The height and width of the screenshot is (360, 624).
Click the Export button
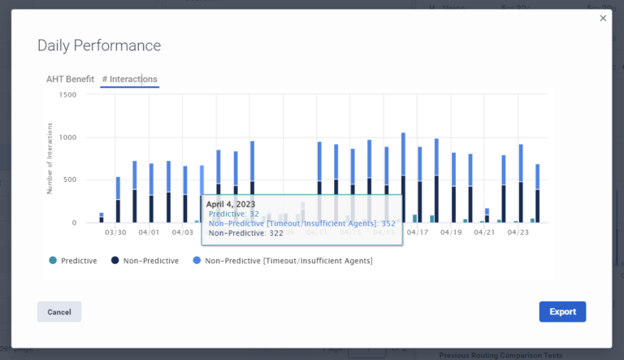pyautogui.click(x=562, y=311)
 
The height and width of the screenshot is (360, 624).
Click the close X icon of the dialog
pyautogui.click(x=603, y=18)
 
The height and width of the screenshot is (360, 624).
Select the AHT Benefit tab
pyautogui.click(x=70, y=79)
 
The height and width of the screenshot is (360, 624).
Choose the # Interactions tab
pyautogui.click(x=129, y=79)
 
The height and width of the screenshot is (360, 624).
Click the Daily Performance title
pyautogui.click(x=99, y=46)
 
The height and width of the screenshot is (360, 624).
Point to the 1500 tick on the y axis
pyautogui.click(x=67, y=95)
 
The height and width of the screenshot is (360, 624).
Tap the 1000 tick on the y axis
pyautogui.click(x=67, y=137)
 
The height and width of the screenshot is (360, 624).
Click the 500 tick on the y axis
pyautogui.click(x=70, y=180)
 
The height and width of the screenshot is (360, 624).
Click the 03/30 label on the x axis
pyautogui.click(x=115, y=232)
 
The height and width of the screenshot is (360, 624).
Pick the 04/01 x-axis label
pyautogui.click(x=149, y=232)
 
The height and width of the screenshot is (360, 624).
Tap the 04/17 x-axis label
pyautogui.click(x=418, y=232)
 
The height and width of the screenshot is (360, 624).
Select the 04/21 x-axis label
pyautogui.click(x=484, y=232)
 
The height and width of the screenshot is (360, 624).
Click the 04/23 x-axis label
pyautogui.click(x=518, y=232)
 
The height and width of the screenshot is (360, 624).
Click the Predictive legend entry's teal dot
pyautogui.click(x=53, y=260)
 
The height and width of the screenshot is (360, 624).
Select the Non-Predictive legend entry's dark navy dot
pyautogui.click(x=116, y=260)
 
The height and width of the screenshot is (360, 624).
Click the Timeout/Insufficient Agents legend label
pyautogui.click(x=288, y=260)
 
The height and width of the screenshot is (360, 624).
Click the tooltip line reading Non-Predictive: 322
pyautogui.click(x=245, y=233)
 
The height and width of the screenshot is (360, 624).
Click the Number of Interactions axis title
pyautogui.click(x=50, y=158)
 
